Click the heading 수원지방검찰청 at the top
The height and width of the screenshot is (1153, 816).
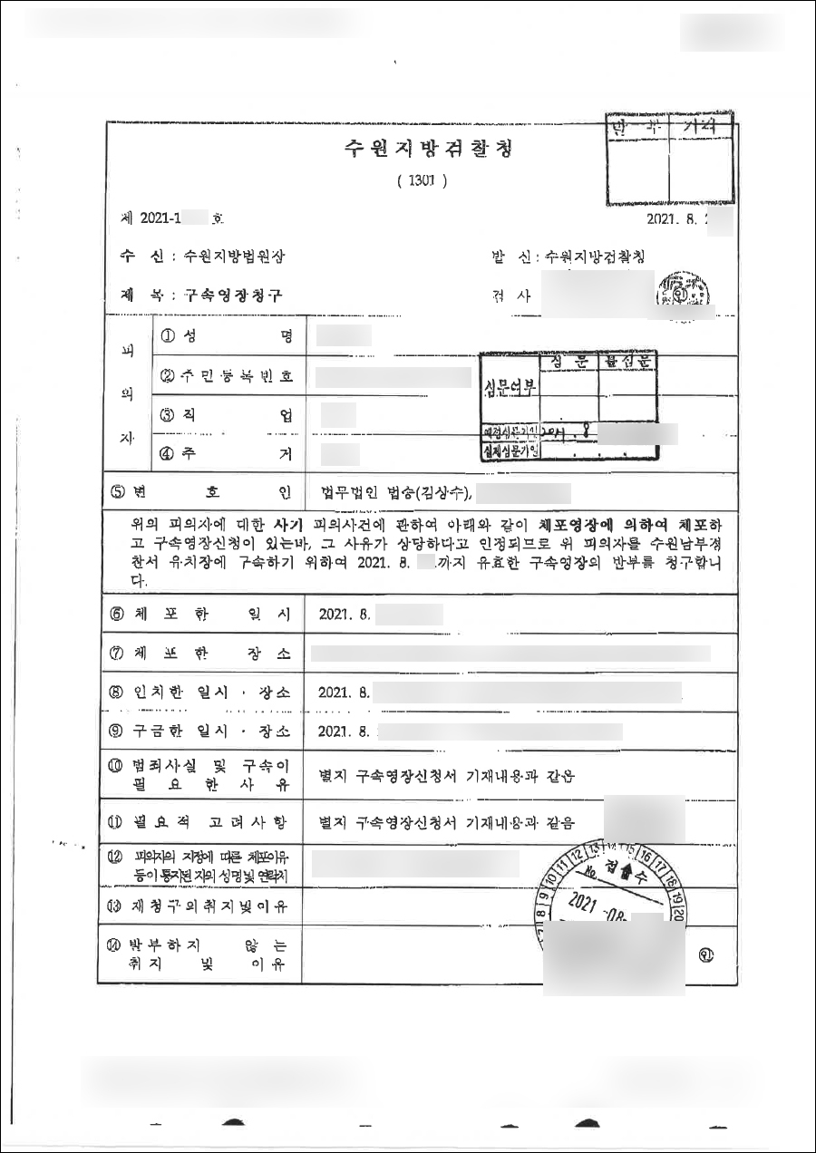point(423,149)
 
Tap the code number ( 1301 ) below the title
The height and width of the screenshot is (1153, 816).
point(422,180)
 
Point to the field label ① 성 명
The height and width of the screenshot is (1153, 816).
point(227,335)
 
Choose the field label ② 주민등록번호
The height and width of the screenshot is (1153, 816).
point(227,375)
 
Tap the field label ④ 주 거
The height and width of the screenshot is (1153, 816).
point(227,455)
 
